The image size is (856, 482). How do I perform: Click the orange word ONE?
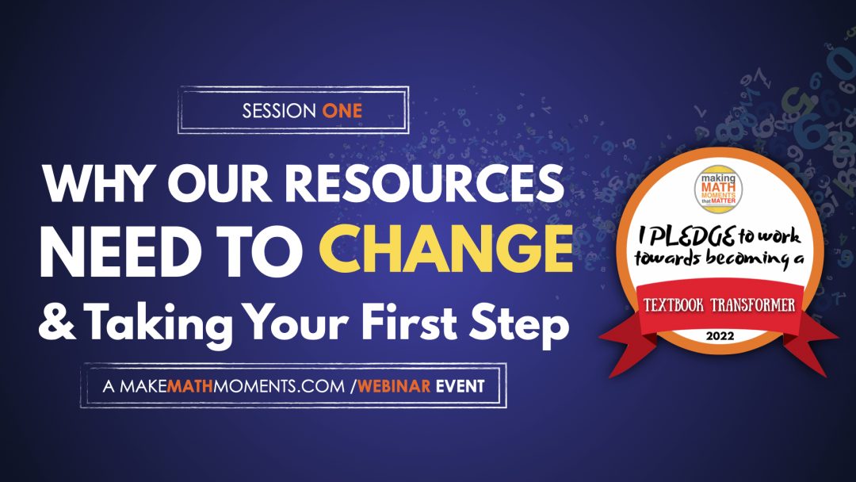coord(342,111)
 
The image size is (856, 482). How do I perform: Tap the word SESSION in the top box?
coord(279,111)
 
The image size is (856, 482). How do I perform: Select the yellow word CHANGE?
coord(446,249)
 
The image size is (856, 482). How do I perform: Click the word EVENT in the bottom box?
coord(460,387)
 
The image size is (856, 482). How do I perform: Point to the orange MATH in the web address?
coord(190,387)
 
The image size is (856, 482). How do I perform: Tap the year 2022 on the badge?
coord(720,335)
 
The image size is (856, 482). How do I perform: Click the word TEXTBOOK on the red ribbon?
coord(674,304)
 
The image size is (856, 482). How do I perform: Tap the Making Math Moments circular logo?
coord(718,189)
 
